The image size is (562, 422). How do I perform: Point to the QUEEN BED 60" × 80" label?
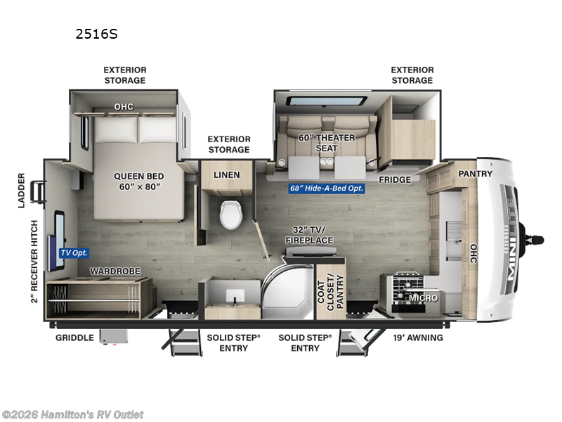coord(137,182)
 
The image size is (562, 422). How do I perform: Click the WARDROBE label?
coord(115,271)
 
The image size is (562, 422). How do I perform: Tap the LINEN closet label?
coord(226,174)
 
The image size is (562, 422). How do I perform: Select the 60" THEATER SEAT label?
coord(326,143)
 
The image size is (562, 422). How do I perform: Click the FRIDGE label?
coord(395,180)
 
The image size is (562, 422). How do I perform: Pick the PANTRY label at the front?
coord(476,174)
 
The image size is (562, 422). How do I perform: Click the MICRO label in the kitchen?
coord(424,298)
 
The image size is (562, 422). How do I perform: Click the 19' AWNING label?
coord(419,338)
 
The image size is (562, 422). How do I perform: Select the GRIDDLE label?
coord(74,338)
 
